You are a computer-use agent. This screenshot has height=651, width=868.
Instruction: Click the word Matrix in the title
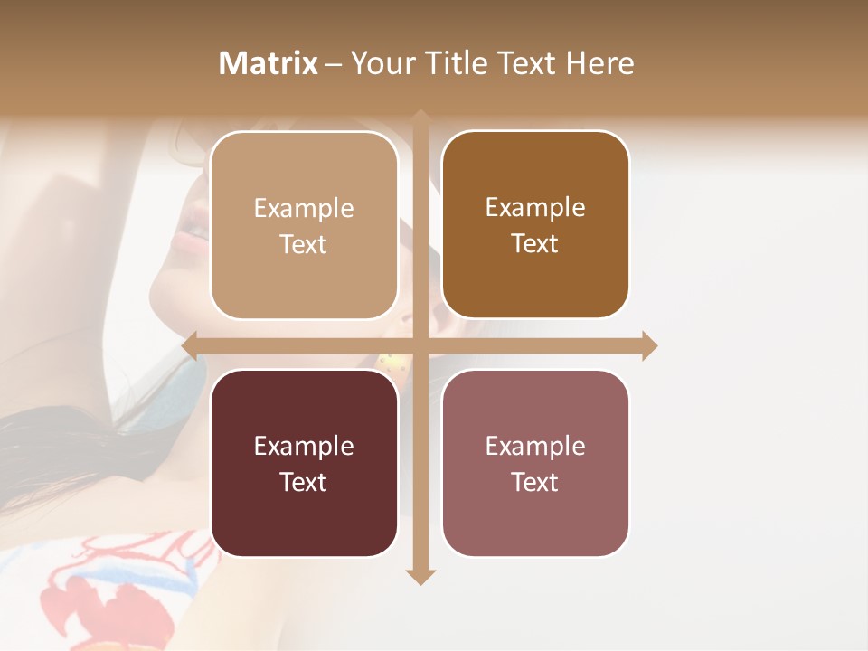point(269,63)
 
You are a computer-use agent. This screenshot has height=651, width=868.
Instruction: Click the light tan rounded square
point(304,225)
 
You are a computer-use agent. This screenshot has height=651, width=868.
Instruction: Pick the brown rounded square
point(535,225)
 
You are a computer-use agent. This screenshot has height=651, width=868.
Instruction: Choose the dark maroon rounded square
point(304,463)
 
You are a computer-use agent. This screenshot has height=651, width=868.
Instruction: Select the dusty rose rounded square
point(535,463)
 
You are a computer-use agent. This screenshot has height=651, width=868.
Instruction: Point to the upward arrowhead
point(420,118)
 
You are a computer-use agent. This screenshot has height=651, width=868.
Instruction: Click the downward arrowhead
point(420,576)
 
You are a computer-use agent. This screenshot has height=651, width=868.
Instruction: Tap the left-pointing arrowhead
point(190,346)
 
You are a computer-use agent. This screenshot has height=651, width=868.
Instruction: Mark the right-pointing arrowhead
point(648,346)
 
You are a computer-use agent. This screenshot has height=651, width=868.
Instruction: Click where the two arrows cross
point(420,346)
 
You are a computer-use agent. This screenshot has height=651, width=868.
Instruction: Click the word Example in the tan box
point(304,209)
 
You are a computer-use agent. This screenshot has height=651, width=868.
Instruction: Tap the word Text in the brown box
point(535,244)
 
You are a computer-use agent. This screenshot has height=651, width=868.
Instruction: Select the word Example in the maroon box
point(304,447)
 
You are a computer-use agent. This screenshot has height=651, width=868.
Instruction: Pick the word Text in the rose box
point(535,482)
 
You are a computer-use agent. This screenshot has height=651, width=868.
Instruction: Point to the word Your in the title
point(379,63)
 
